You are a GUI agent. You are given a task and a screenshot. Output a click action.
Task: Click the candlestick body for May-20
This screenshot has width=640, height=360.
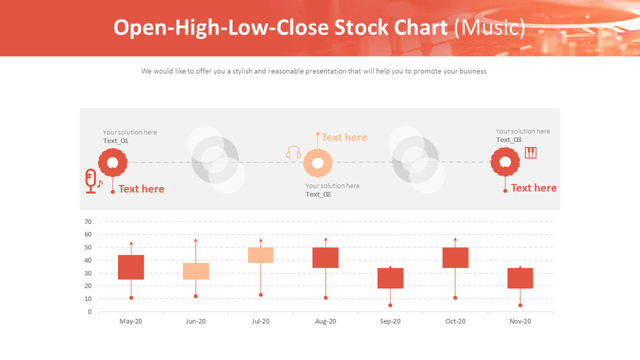[131, 267]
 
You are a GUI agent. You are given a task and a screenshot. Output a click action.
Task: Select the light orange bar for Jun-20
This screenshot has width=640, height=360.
[196, 271]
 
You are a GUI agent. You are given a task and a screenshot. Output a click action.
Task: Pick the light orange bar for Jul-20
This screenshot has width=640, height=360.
[260, 255]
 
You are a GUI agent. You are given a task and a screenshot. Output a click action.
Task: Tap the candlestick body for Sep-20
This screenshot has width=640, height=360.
[390, 278]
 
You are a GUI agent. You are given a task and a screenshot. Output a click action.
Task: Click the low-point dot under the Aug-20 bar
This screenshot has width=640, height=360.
[325, 298]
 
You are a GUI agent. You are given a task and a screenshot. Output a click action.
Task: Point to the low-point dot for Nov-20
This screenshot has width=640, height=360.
[520, 305]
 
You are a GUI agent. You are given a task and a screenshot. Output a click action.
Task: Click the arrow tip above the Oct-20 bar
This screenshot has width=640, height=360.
[455, 240]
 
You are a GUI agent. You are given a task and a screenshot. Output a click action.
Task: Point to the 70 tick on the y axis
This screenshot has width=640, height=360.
[87, 221]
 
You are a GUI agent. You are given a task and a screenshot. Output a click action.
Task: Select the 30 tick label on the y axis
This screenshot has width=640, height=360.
[87, 273]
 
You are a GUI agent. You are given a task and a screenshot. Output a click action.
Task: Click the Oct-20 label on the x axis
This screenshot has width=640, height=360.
[455, 321]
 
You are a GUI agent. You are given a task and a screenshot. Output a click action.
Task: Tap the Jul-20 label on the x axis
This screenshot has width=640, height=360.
[260, 321]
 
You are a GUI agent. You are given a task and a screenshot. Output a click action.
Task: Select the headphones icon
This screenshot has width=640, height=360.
[293, 153]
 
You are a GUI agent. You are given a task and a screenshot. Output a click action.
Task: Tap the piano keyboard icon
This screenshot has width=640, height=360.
[531, 153]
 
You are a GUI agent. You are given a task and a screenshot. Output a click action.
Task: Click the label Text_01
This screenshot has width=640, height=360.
[115, 141]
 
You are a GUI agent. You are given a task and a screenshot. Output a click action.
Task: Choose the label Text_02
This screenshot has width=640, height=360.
[318, 194]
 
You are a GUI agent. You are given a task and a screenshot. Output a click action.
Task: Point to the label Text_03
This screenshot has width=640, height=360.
[509, 140]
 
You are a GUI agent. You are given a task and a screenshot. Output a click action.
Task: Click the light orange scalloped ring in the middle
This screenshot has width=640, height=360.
[317, 163]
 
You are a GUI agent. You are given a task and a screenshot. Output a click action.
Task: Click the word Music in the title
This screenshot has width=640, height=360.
[489, 28]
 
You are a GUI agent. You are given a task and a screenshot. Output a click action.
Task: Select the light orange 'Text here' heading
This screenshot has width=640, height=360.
[344, 137]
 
